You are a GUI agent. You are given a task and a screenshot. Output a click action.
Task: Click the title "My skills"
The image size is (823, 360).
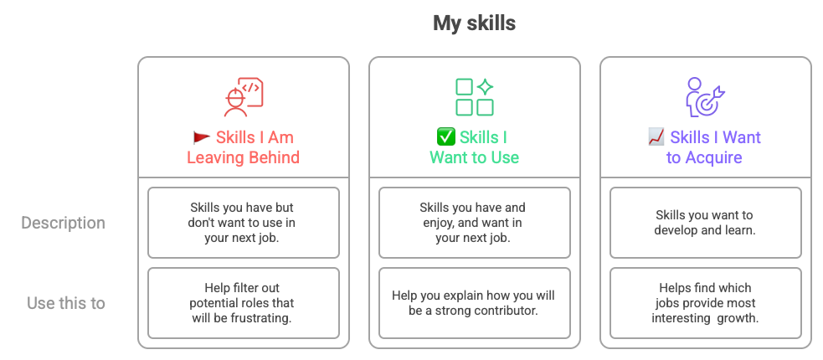click(x=474, y=23)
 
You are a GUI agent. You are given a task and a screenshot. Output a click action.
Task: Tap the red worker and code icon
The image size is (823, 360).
click(x=244, y=96)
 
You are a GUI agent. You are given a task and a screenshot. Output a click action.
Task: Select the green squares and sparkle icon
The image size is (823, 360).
click(x=474, y=96)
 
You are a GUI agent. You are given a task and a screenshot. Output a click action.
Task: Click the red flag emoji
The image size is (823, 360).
click(x=201, y=137)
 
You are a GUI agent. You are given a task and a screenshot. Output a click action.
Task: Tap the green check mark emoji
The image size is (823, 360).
click(x=445, y=137)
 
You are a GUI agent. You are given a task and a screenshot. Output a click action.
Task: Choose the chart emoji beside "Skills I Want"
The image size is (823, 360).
click(x=656, y=137)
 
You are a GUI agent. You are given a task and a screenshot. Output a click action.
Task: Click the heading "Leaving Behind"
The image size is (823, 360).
click(x=244, y=157)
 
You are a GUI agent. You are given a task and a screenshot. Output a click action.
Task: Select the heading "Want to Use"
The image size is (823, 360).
click(x=474, y=157)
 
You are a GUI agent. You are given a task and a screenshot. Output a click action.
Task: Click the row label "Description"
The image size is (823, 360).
click(x=63, y=224)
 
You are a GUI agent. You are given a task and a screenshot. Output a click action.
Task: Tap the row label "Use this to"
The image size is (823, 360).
click(x=66, y=303)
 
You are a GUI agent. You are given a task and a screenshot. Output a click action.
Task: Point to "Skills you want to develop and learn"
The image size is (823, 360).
click(x=705, y=223)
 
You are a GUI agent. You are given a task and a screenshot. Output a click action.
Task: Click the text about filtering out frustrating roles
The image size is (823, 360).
click(x=243, y=303)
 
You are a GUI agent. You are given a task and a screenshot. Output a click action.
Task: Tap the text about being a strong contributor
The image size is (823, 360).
click(x=474, y=303)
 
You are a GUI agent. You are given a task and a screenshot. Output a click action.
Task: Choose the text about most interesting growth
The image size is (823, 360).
click(x=705, y=303)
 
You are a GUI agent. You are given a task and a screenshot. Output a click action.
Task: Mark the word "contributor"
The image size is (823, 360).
click(x=507, y=311)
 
